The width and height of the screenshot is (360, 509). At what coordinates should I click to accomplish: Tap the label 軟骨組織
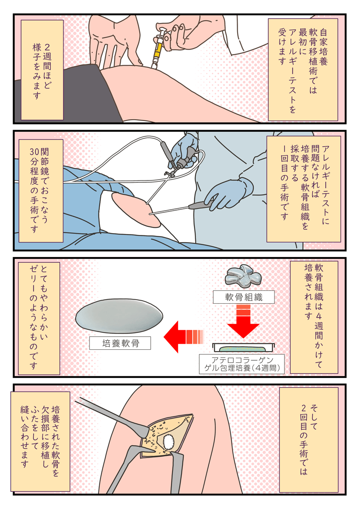[x=243, y=297]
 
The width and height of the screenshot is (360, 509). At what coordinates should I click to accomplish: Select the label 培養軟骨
[x=120, y=343]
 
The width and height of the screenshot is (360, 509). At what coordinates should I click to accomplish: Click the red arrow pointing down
[x=243, y=320]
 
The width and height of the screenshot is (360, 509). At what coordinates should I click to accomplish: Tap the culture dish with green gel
[x=243, y=347]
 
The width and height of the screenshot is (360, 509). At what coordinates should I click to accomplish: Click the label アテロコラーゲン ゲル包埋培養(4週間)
[x=243, y=364]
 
